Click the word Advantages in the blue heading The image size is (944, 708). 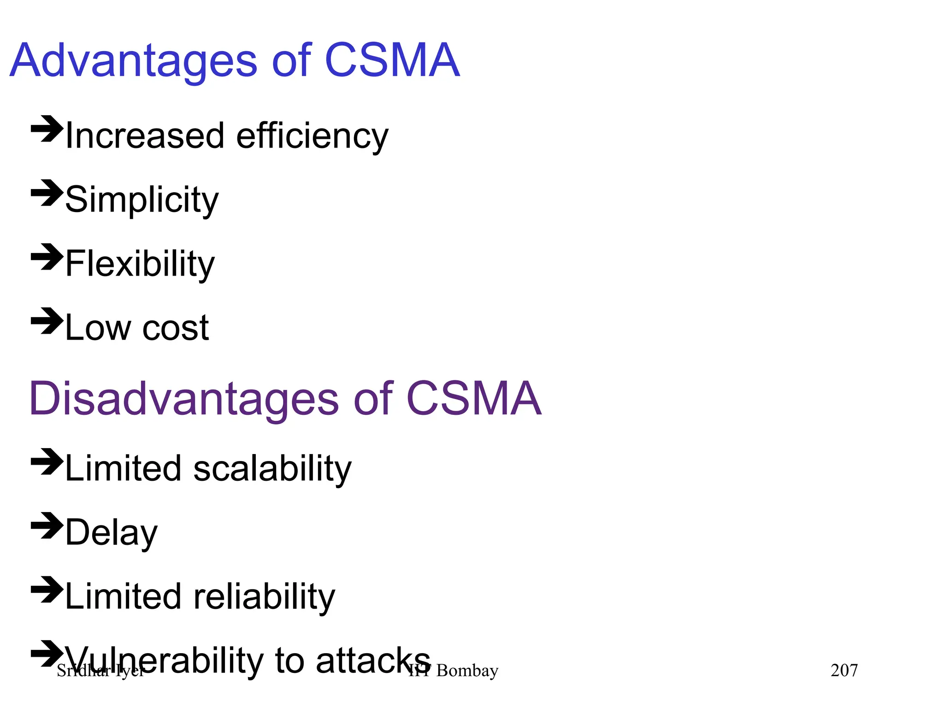pos(133,61)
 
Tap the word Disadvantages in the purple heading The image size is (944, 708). pos(184,399)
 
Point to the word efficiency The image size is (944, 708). pos(312,137)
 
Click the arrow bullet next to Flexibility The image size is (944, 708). pos(47,257)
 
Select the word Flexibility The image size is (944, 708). pos(140,264)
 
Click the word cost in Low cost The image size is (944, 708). pos(176,328)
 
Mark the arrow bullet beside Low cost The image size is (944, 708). pos(47,321)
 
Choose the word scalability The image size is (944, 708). pos(272,469)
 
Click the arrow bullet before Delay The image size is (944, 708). pos(47,525)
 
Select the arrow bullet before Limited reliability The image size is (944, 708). pos(47,590)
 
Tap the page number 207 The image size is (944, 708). pos(844,671)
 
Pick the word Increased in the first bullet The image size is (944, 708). pos(145,136)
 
